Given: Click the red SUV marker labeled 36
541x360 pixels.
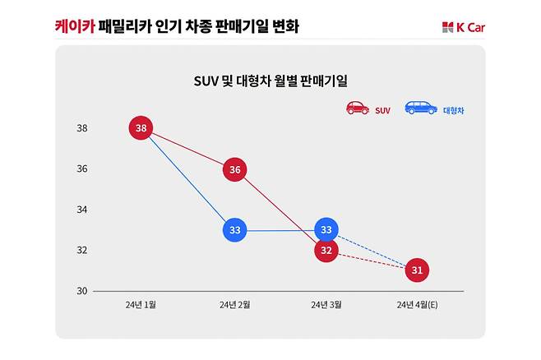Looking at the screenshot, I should [x=235, y=170].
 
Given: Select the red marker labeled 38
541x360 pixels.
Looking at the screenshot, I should [x=141, y=128].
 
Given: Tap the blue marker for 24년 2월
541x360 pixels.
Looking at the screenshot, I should [x=235, y=230].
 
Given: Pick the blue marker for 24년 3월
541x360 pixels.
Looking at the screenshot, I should [x=326, y=229].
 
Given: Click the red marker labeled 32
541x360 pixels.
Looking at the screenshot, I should [x=326, y=251].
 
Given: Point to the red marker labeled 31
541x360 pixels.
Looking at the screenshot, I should [x=417, y=270].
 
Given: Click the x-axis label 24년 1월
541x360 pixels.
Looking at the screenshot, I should [x=141, y=305].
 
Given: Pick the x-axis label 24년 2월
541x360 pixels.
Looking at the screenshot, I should [x=234, y=305].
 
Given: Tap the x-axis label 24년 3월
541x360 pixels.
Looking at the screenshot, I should [x=326, y=305].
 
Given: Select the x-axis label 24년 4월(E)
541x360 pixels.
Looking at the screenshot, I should [x=417, y=305].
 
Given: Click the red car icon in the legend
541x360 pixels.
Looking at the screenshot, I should [x=358, y=108].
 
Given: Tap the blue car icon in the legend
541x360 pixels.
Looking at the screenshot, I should [x=421, y=108].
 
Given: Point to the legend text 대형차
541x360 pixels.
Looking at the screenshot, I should [x=454, y=110].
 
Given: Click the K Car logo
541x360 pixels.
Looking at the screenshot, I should [x=464, y=27].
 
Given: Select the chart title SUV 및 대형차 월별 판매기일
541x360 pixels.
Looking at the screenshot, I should [x=270, y=81].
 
